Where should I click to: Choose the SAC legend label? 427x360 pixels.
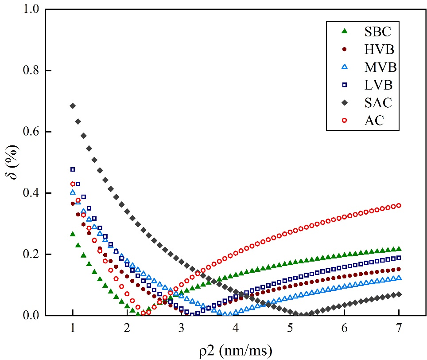pyautogui.click(x=377, y=103)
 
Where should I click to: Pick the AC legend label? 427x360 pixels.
pyautogui.click(x=372, y=121)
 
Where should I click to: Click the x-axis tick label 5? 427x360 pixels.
pyautogui.click(x=290, y=329)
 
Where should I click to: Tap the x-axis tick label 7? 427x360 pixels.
pyautogui.click(x=399, y=329)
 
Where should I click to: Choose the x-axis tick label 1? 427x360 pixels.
pyautogui.click(x=73, y=329)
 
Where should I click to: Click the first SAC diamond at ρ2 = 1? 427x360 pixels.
pyautogui.click(x=73, y=106)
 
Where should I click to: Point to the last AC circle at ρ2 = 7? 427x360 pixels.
pyautogui.click(x=399, y=205)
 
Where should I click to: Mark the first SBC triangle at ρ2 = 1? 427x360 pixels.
pyautogui.click(x=73, y=234)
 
